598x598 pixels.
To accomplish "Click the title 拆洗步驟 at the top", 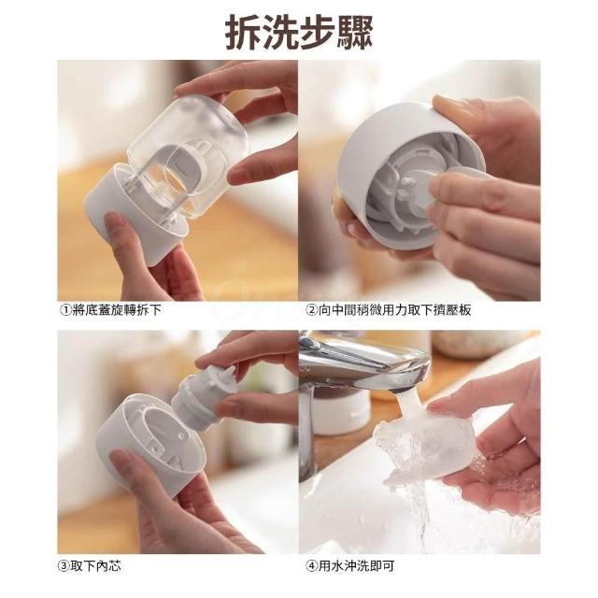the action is [299, 33].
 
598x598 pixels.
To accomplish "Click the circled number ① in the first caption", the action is [65, 310].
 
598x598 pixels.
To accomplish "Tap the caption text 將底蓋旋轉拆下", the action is [117, 310].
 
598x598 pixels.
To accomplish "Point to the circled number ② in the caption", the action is [311, 310].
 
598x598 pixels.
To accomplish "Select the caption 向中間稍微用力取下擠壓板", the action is [394, 310].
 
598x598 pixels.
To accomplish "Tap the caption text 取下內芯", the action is [95, 565].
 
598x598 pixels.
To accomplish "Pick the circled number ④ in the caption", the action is [311, 566].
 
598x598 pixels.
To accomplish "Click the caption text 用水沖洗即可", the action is [356, 566].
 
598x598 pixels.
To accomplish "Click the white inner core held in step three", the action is [202, 396].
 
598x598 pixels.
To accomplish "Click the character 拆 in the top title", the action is [243, 33].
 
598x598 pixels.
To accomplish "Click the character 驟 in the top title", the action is [354, 33].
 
